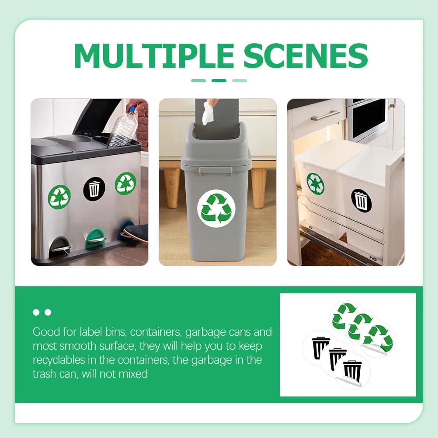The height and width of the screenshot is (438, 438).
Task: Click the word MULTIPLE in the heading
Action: pyautogui.click(x=154, y=56)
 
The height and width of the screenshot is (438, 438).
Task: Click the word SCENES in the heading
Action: pyautogui.click(x=306, y=56)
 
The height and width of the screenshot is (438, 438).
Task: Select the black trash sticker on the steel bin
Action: pyautogui.click(x=94, y=189)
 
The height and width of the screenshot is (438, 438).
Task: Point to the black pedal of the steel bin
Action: pyautogui.click(x=60, y=246)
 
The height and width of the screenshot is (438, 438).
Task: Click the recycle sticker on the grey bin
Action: pyautogui.click(x=216, y=209)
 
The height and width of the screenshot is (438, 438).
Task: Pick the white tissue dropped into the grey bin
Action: pyautogui.click(x=208, y=113)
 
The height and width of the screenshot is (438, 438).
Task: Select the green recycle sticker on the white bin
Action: pyautogui.click(x=315, y=184)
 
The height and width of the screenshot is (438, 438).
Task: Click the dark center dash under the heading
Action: pyautogui.click(x=219, y=81)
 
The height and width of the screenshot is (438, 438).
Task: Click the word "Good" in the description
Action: pyautogui.click(x=46, y=332)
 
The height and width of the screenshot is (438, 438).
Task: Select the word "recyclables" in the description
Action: pyautogui.click(x=59, y=360)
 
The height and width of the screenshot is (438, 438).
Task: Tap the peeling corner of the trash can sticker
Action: pyautogui.click(x=348, y=381)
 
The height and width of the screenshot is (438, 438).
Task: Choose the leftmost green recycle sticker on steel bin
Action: pyautogui.click(x=59, y=197)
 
